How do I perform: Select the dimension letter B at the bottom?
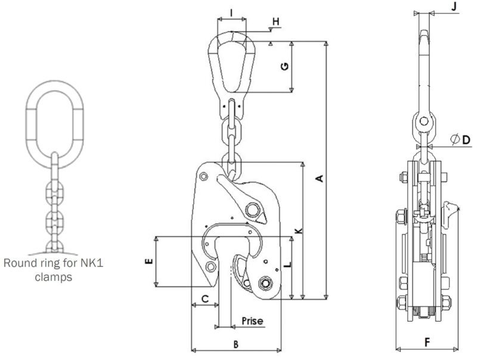[236, 344]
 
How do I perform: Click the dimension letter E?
[148, 260]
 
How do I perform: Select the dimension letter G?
[285, 67]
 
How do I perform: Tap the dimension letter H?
[275, 23]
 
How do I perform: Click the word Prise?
[252, 321]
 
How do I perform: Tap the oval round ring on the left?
[52, 120]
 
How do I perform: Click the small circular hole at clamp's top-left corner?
[205, 176]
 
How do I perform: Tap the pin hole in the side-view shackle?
[423, 122]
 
